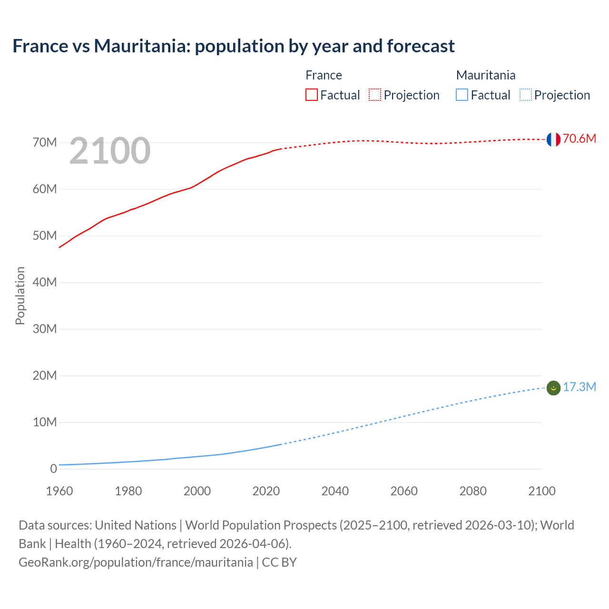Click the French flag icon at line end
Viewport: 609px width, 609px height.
click(553, 139)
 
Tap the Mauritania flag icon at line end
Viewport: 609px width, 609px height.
click(553, 388)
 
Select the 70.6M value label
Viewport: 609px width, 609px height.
click(580, 138)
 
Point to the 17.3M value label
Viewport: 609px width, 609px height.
click(580, 387)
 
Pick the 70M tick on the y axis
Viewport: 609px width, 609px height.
click(45, 143)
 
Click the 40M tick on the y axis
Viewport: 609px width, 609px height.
click(45, 283)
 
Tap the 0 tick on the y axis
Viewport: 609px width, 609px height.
click(53, 469)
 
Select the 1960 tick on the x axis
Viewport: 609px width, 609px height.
click(59, 491)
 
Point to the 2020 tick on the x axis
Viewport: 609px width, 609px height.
click(266, 491)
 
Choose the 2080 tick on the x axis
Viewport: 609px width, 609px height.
click(473, 491)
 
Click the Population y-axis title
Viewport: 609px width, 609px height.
click(20, 295)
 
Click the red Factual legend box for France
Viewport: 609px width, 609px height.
click(312, 95)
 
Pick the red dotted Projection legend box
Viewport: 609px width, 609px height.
click(375, 95)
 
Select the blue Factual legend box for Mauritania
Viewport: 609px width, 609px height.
click(462, 95)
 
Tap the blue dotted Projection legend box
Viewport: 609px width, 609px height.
click(526, 95)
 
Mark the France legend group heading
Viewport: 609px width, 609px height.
click(324, 75)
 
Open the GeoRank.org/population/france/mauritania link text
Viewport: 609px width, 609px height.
click(136, 562)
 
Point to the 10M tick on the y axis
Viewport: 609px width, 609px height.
click(45, 422)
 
